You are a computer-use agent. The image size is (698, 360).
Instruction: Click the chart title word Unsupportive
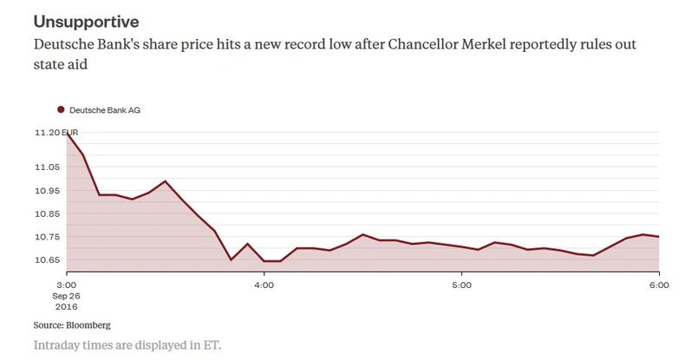point(86,20)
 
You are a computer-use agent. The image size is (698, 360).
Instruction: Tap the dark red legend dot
point(62,110)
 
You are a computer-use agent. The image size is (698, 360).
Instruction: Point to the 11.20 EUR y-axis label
point(56,133)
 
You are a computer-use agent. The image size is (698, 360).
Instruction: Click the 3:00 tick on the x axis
point(67,285)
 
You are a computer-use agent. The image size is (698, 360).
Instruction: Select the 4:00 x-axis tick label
point(264,285)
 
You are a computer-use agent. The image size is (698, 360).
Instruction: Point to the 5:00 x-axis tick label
point(461,285)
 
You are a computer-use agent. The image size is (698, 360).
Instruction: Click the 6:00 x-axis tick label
point(658,285)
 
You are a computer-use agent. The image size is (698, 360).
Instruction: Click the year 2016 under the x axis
point(68,306)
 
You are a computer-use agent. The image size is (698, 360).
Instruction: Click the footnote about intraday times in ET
point(127,344)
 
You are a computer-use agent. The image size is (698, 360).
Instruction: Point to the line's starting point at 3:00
point(67,133)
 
